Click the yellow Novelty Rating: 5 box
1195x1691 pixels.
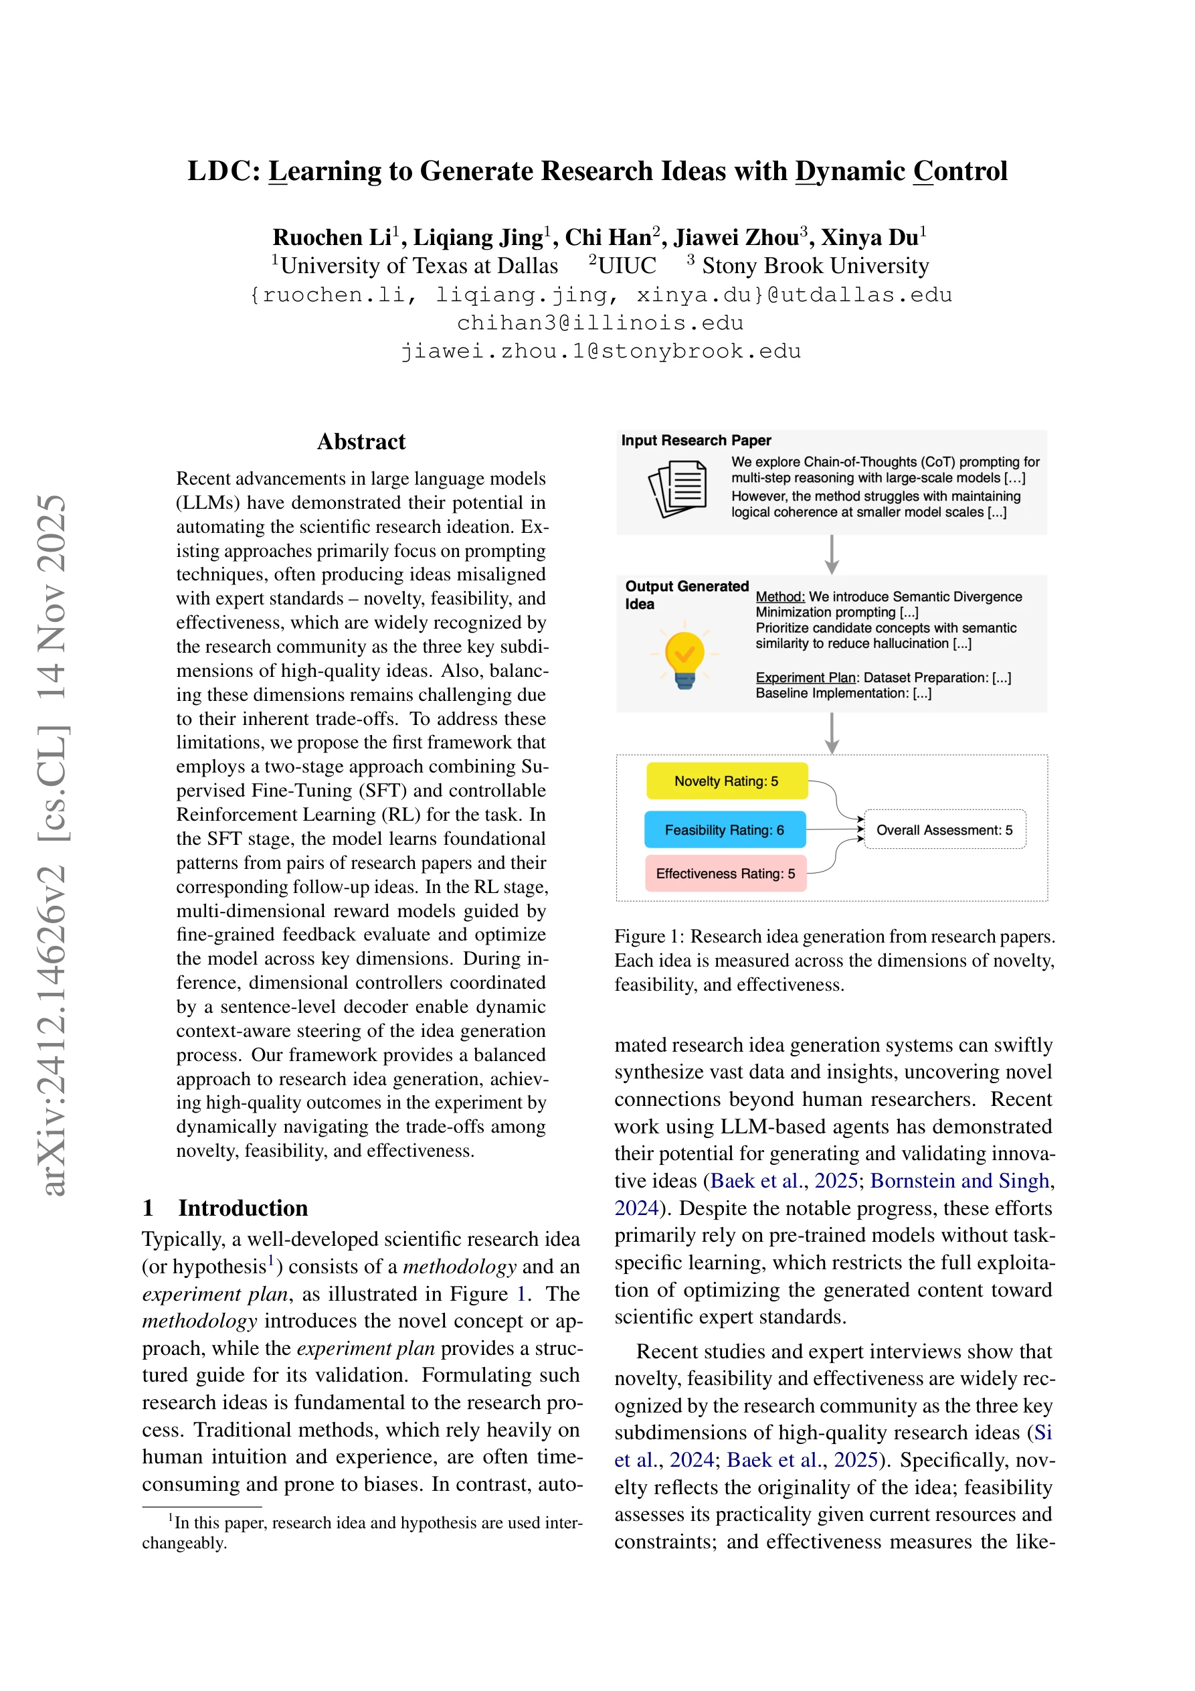(x=726, y=781)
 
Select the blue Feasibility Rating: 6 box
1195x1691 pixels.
(x=725, y=829)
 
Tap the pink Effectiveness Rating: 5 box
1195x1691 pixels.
(x=725, y=873)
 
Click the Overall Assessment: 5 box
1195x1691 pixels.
(x=944, y=829)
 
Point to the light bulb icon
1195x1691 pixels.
(x=684, y=657)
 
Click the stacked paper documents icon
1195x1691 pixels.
(x=677, y=488)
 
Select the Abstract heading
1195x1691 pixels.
(x=361, y=441)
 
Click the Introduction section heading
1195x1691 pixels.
(x=242, y=1208)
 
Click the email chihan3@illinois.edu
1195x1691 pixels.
(x=600, y=323)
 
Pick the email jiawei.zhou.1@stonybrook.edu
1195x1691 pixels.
(x=600, y=351)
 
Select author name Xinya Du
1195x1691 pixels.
(x=870, y=237)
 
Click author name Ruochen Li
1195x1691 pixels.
(x=332, y=237)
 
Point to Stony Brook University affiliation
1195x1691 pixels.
(x=815, y=265)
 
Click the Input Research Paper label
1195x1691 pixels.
(x=696, y=440)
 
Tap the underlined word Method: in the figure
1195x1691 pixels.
(x=779, y=596)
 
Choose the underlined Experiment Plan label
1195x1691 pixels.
(x=806, y=677)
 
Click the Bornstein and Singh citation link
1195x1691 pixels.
(x=959, y=1181)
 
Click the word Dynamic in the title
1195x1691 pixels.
(x=850, y=171)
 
